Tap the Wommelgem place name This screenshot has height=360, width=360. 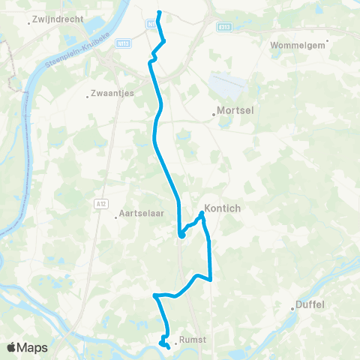click(x=301, y=45)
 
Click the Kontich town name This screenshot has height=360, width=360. click(x=223, y=209)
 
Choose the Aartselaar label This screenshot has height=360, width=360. click(x=140, y=215)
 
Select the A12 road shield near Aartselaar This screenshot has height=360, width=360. click(x=100, y=202)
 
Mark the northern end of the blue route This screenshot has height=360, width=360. click(x=160, y=12)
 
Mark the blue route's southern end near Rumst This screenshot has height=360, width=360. click(x=168, y=346)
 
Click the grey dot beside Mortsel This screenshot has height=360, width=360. click(x=214, y=115)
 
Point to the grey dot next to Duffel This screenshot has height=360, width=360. click(x=293, y=306)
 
